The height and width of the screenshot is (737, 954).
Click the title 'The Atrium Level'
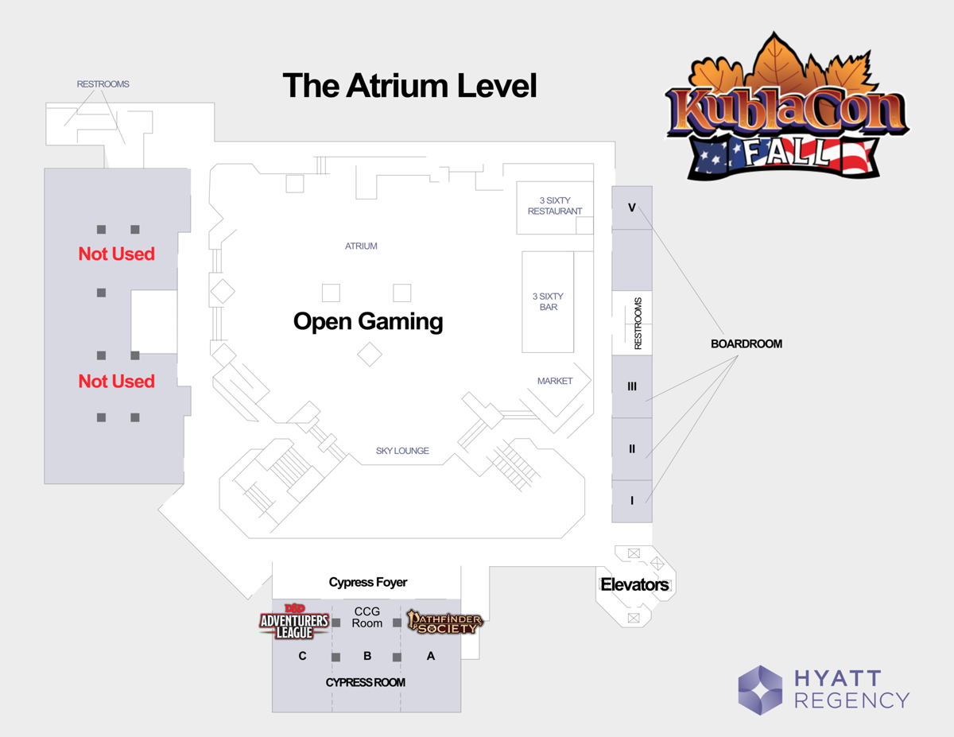[x=409, y=86]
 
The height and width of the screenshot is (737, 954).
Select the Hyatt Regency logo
[x=823, y=689]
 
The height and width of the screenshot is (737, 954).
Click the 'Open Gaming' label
[x=367, y=321]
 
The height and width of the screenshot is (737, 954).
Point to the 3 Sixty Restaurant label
[x=555, y=206]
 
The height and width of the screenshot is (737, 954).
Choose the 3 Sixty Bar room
[x=548, y=301]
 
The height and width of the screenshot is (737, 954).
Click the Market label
[x=555, y=381]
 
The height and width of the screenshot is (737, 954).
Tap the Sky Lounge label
[x=402, y=451]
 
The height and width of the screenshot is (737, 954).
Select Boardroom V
[x=632, y=208]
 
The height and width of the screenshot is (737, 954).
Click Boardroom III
[x=632, y=386]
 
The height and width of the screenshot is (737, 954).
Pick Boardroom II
[x=632, y=449]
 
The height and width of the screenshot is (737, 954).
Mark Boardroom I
[x=632, y=501]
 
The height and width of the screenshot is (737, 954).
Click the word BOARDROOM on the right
[x=746, y=344]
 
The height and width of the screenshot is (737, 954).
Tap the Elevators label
[x=634, y=585]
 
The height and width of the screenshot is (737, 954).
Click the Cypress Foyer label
[x=367, y=583]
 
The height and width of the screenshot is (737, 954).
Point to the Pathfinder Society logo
[x=444, y=622]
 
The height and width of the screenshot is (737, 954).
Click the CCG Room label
[x=367, y=617]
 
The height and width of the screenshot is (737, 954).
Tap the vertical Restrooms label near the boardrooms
[x=638, y=324]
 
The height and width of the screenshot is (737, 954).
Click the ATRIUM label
[x=361, y=246]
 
